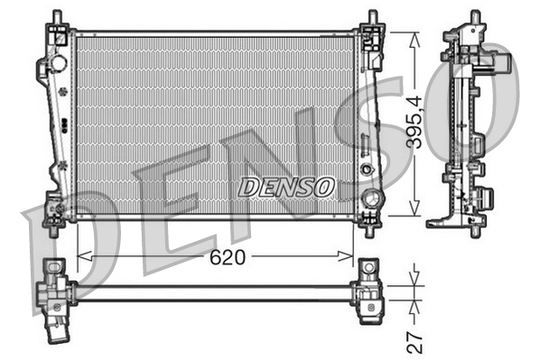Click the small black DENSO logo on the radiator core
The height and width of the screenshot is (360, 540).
click(286, 187)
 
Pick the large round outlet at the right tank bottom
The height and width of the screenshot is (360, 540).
click(368, 198)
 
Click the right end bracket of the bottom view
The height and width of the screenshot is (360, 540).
click(369, 292)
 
